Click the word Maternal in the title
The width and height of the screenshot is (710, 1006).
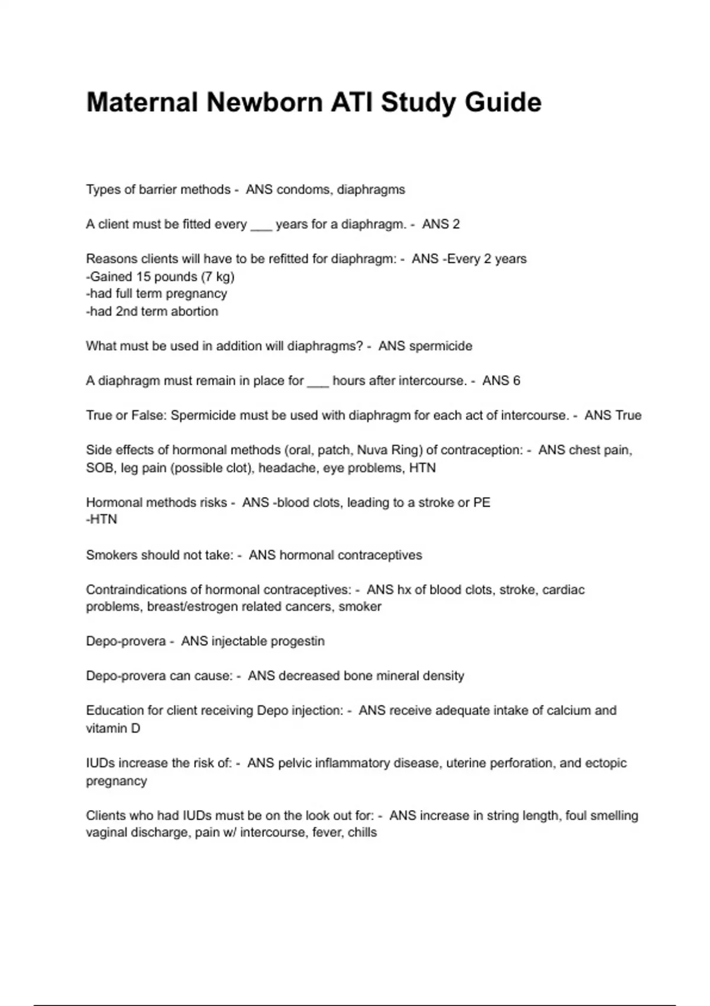click(x=141, y=102)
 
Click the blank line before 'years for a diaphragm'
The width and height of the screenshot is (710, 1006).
click(x=261, y=225)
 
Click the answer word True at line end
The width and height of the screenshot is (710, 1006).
click(x=628, y=415)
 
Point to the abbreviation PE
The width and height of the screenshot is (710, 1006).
click(x=482, y=502)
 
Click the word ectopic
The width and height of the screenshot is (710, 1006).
click(x=606, y=763)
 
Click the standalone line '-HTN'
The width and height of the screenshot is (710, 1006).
click(x=102, y=520)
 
